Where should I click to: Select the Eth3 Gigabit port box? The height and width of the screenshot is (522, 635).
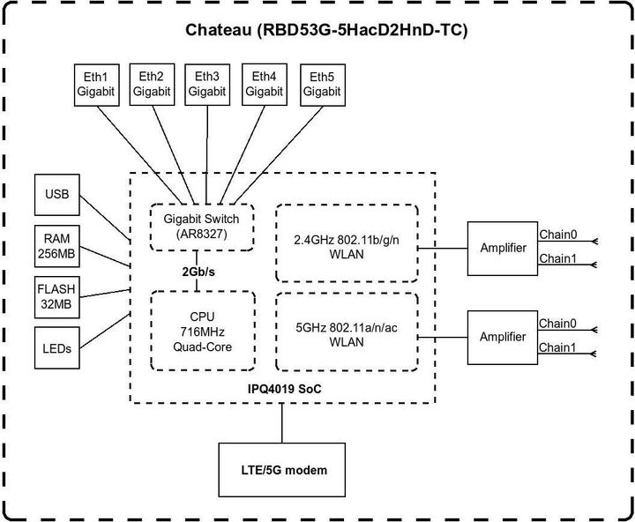(207, 84)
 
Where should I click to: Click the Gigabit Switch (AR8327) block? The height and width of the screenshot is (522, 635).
(202, 226)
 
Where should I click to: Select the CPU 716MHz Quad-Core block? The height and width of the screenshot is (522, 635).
(202, 330)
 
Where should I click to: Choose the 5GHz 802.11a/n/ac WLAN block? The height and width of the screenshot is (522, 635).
(345, 330)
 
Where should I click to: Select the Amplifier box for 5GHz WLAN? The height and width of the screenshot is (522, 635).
(503, 337)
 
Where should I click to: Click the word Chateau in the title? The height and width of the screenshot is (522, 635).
(216, 30)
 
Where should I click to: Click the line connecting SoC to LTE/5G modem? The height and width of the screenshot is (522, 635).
(282, 423)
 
